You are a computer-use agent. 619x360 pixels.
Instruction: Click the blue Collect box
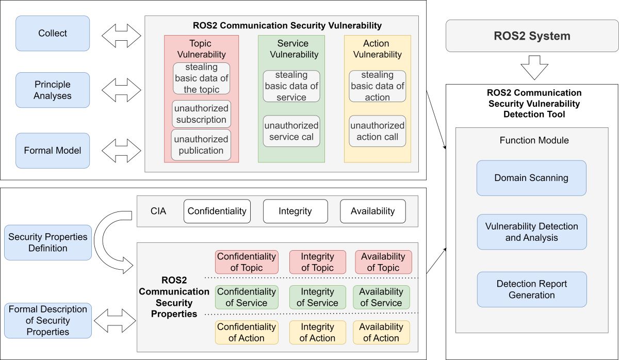click(53, 34)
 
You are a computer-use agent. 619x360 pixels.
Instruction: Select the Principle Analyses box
click(53, 90)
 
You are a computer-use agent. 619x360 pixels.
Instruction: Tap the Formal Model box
click(53, 151)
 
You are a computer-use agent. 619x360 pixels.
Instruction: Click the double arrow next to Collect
click(121, 36)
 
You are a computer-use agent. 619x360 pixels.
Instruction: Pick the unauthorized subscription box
click(201, 114)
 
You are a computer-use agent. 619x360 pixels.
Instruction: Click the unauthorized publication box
click(201, 145)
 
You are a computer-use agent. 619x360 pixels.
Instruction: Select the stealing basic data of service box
click(291, 86)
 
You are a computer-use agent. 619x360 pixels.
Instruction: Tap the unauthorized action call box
click(377, 131)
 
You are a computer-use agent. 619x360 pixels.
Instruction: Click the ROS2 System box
click(532, 36)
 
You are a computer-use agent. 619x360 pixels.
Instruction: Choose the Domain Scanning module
click(531, 178)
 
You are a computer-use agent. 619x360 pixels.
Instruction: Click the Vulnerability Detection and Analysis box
click(531, 232)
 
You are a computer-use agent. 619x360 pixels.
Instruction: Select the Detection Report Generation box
click(531, 289)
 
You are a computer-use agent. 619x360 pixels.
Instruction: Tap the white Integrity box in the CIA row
click(295, 211)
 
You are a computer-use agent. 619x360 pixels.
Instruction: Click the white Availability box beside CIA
click(372, 211)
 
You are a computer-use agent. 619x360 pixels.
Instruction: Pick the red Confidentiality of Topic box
click(247, 262)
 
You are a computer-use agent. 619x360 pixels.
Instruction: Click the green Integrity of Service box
click(317, 297)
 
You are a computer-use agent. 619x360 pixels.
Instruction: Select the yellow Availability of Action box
click(381, 332)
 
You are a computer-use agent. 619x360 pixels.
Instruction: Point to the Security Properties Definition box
click(48, 242)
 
